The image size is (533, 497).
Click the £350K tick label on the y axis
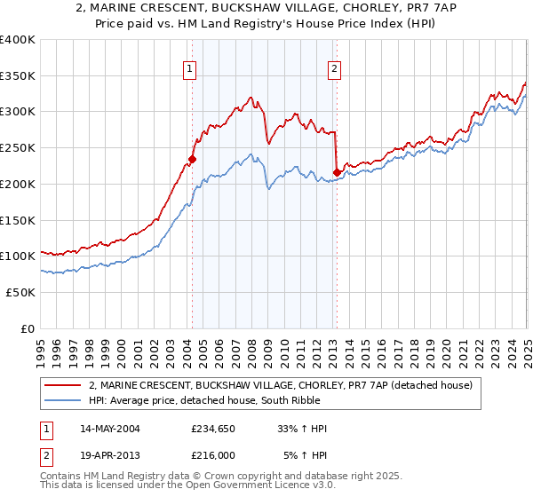point(18,75)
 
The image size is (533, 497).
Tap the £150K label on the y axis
point(18,220)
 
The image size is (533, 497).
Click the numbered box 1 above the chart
point(190,69)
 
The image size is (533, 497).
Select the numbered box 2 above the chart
point(334,69)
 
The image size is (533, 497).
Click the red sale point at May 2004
point(191,159)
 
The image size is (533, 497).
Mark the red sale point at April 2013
point(336,172)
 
